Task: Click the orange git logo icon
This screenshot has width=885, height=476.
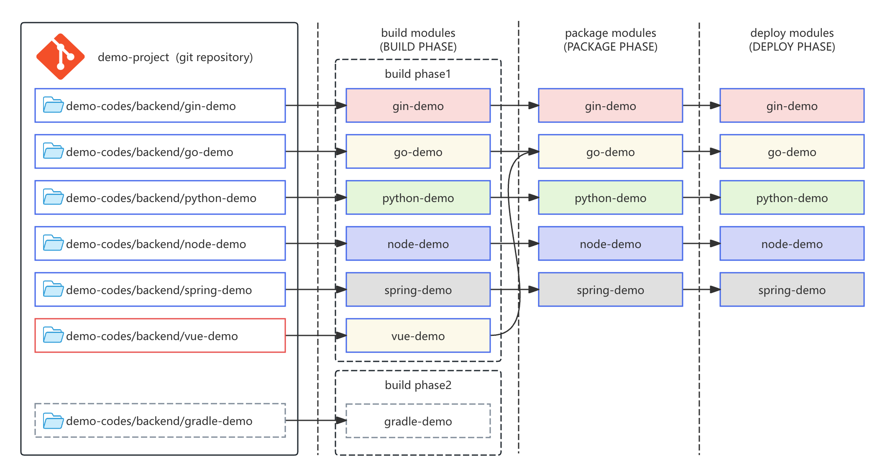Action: click(60, 56)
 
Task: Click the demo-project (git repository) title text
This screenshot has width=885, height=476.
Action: click(175, 57)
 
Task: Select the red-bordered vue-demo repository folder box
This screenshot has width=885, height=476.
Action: click(160, 335)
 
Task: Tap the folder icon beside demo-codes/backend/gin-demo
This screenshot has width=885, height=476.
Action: click(53, 105)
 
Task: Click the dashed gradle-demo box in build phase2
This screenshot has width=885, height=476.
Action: click(418, 421)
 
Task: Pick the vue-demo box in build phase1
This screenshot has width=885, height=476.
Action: click(418, 335)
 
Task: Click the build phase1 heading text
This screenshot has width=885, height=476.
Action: click(418, 74)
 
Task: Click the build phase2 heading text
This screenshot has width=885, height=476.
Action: click(418, 385)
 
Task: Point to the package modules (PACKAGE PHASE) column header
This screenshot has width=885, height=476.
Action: click(610, 40)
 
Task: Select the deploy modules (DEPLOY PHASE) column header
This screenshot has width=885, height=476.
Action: click(792, 40)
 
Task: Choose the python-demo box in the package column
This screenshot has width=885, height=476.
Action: click(610, 197)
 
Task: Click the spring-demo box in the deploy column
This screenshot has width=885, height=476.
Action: click(792, 289)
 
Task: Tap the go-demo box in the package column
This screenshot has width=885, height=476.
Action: click(610, 151)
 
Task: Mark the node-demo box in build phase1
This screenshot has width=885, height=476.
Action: click(418, 243)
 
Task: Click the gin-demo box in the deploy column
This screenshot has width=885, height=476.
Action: click(792, 105)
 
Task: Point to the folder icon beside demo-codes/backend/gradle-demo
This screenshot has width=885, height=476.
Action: click(53, 421)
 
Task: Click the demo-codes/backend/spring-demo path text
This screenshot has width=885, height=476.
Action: click(159, 290)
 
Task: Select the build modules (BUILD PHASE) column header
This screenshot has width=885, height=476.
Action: click(418, 40)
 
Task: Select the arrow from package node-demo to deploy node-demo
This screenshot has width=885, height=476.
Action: click(701, 243)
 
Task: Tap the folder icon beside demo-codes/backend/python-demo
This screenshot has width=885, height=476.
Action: click(53, 197)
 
